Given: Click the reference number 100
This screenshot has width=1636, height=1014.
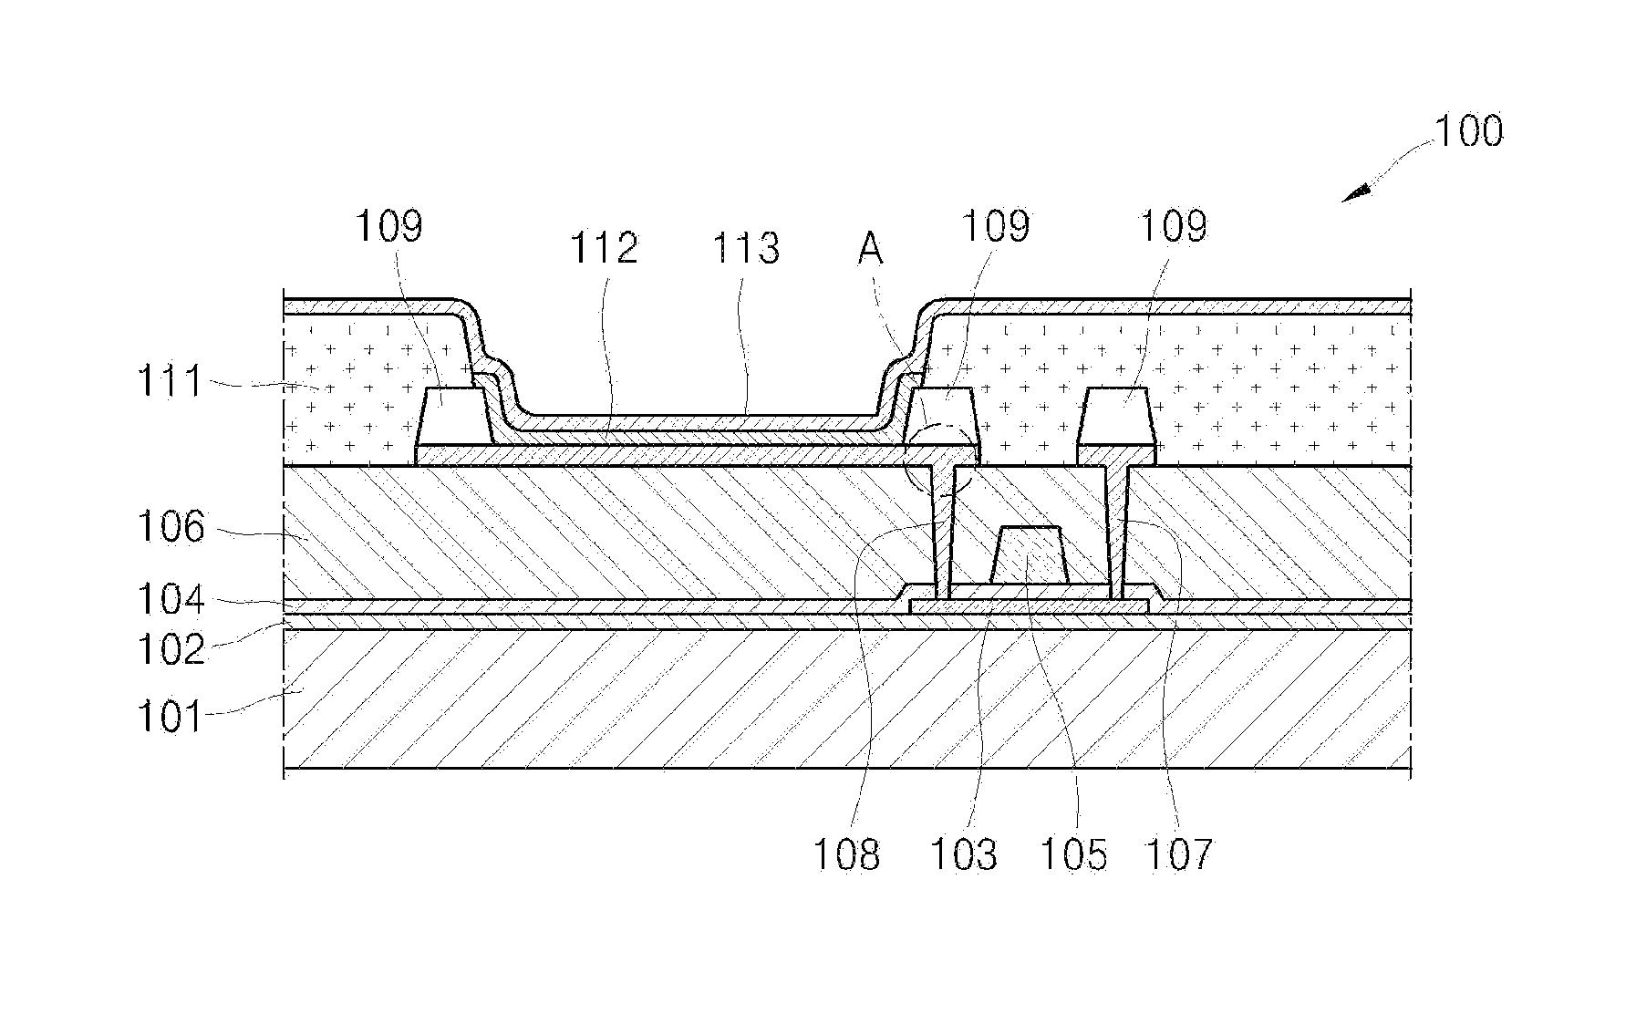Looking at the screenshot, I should tap(1468, 132).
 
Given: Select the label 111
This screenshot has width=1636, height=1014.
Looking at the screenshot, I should tap(170, 380).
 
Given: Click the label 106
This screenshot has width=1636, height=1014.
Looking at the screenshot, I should tap(170, 528).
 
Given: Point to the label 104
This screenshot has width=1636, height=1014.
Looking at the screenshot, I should tap(170, 600).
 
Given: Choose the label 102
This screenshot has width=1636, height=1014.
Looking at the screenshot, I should tap(170, 649).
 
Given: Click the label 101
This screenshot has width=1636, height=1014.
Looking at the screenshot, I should tap(170, 716).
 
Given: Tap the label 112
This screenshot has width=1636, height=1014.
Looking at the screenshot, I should tap(604, 248).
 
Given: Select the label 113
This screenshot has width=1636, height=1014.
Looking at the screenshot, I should tap(746, 248).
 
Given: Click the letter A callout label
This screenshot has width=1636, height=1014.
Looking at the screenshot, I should tap(870, 249).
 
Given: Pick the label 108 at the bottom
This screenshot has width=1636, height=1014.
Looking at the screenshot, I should tap(847, 855).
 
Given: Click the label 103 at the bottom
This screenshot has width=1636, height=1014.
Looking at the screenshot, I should tap(963, 855).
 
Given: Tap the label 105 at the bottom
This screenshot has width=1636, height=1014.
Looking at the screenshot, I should tap(1073, 855).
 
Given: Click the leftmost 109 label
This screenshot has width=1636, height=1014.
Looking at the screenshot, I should tap(389, 225).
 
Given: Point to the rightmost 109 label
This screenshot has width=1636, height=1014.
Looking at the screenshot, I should tap(1174, 225).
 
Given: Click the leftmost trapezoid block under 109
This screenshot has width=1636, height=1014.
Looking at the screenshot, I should tap(453, 417).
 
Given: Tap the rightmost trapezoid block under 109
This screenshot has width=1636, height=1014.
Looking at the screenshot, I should tap(1117, 417).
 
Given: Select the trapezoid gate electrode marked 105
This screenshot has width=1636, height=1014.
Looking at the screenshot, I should tap(1030, 555).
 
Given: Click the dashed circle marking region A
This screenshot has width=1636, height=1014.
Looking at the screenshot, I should tap(939, 460).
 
